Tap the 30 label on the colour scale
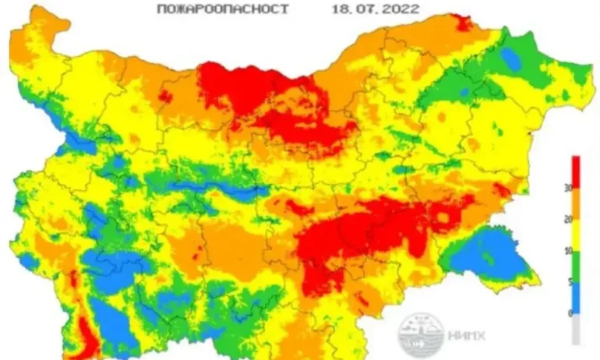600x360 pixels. (x=569, y=188)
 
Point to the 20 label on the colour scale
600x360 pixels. (x=569, y=220)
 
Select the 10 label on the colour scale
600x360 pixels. (x=569, y=251)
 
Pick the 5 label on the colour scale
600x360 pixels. (x=569, y=282)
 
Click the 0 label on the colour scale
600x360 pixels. (x=569, y=313)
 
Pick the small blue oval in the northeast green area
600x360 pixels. (x=511, y=58)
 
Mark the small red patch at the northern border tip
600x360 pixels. (x=464, y=22)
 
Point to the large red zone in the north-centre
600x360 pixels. (x=249, y=90)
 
